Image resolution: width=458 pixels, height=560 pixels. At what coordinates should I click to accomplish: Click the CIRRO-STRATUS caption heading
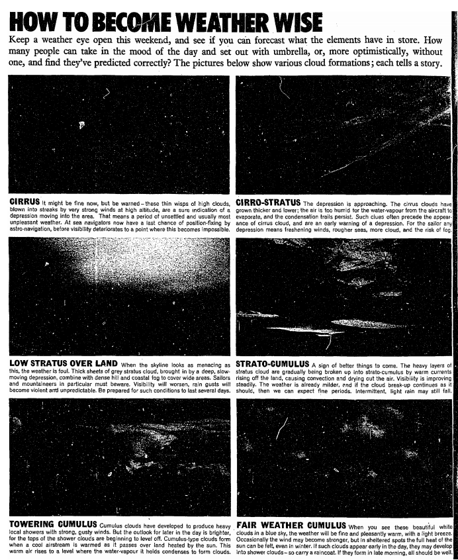coord(267,201)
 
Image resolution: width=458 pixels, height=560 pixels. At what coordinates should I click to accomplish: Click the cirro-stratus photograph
coord(343,135)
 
